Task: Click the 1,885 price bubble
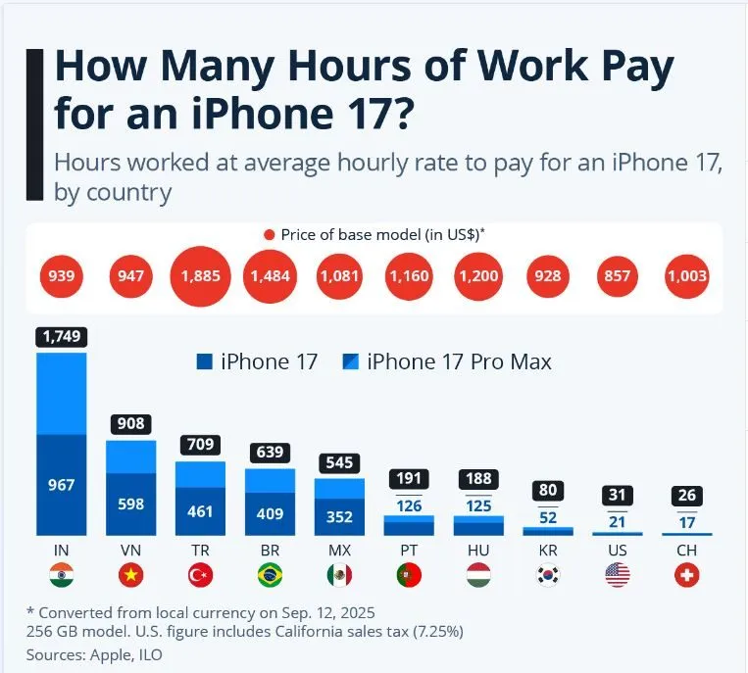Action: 200,277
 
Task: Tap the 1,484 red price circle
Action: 270,277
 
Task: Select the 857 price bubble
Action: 618,277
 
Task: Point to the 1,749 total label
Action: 62,337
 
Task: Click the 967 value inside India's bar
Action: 62,484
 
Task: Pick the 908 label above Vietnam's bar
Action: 131,424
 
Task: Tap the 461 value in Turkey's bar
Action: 200,510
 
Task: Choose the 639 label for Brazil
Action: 270,454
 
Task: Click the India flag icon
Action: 62,575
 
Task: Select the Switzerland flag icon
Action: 687,575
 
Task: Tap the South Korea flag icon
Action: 548,575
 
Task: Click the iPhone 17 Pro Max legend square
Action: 350,361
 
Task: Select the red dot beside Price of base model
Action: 270,235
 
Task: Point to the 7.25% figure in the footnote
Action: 432,632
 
